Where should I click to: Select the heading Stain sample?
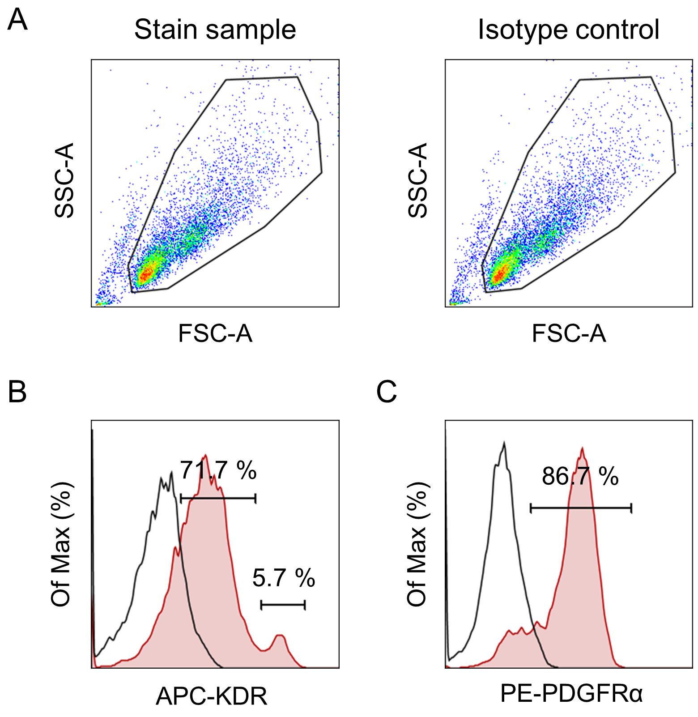point(215,30)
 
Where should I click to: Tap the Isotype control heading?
point(569,30)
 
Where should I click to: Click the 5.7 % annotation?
point(284,578)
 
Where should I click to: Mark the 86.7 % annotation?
point(580,477)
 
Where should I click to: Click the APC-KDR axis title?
point(211,696)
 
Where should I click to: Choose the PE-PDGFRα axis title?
point(571,695)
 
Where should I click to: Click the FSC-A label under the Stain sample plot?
point(215,333)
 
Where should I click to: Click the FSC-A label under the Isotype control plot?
point(569,333)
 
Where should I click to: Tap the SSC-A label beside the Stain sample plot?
point(64,180)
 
